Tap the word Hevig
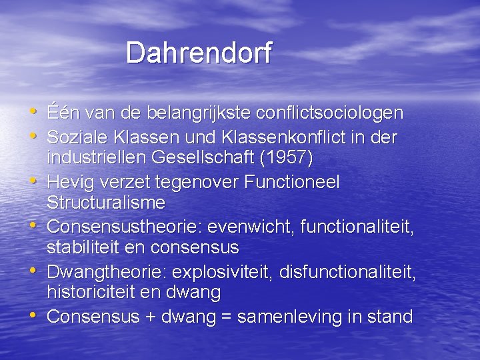coord(66,182)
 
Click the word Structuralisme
coord(106,203)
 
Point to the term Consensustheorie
coord(124,227)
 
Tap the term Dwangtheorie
coord(110,271)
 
